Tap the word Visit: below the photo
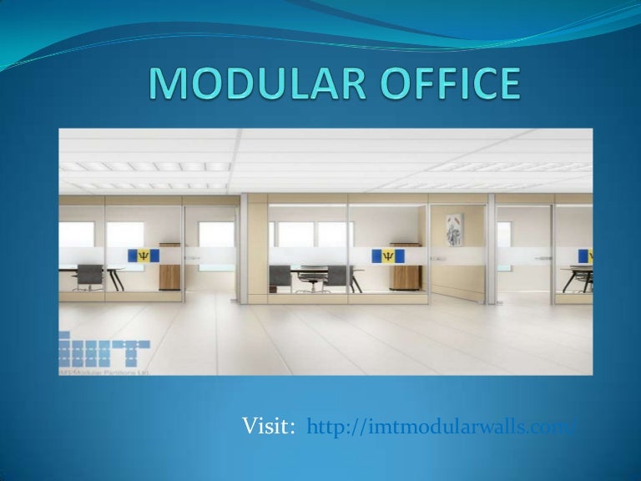[269, 428]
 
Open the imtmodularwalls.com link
[442, 428]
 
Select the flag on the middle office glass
[389, 256]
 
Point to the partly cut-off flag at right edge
[587, 256]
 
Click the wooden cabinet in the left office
[170, 271]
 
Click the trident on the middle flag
[389, 256]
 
